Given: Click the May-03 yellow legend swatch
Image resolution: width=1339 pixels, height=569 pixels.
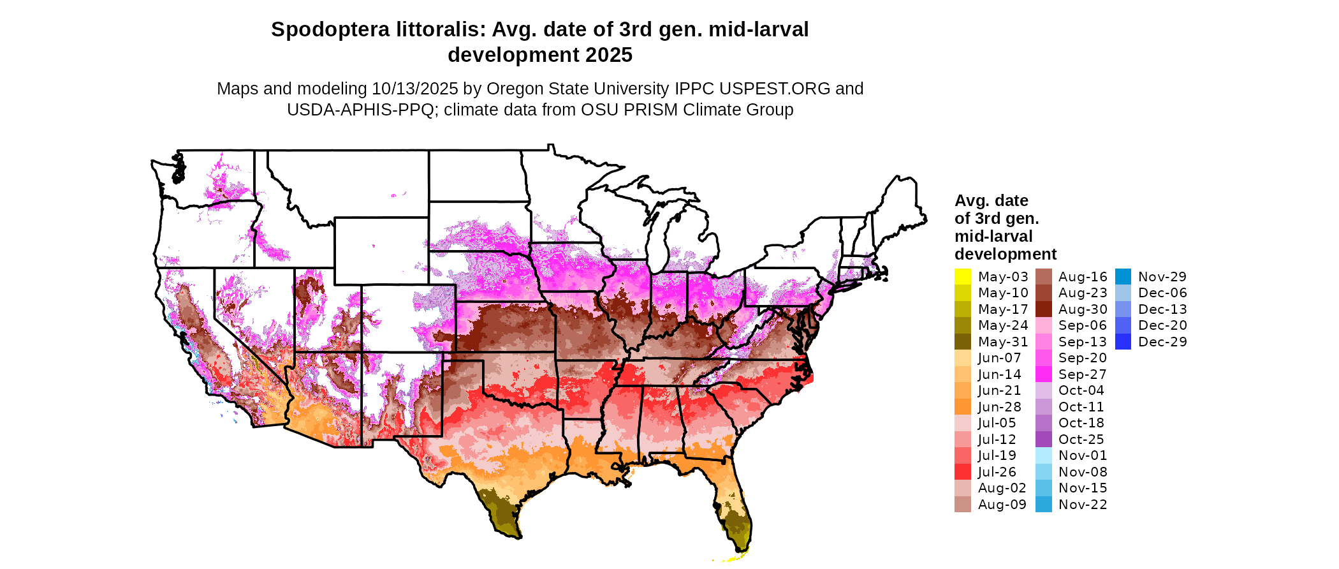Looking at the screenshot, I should [x=962, y=277].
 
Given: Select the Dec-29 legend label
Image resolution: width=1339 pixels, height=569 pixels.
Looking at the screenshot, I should [x=1162, y=342].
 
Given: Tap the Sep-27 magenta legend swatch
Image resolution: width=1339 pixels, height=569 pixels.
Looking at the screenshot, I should [x=1043, y=374].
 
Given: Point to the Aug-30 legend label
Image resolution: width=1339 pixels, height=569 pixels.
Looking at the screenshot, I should [x=1083, y=309].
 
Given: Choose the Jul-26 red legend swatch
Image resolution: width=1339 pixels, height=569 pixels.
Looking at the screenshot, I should [x=962, y=472].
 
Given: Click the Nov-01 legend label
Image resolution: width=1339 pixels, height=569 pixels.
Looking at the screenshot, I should [x=1083, y=455].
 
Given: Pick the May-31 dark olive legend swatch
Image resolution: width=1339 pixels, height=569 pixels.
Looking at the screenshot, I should [x=962, y=342].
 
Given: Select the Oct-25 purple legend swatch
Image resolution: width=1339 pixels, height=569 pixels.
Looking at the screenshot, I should [x=1043, y=440].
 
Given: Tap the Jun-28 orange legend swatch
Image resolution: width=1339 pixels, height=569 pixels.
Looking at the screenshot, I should [x=962, y=407].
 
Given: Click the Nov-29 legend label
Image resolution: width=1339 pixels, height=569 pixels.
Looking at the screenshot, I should [x=1162, y=277].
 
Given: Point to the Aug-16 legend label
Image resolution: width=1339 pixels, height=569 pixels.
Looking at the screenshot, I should [x=1083, y=277].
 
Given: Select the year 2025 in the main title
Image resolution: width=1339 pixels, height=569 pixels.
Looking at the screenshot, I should [x=609, y=55].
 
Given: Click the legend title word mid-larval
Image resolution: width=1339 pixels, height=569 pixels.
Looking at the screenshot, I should [x=993, y=237].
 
